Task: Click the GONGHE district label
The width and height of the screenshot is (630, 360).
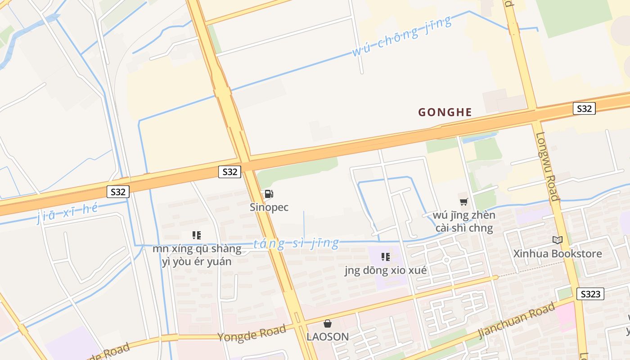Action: (x=445, y=112)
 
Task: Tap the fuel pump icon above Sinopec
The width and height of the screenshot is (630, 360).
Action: (x=269, y=194)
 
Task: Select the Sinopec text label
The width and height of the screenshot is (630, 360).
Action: (x=269, y=207)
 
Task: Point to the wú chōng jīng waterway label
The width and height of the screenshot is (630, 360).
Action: (x=401, y=36)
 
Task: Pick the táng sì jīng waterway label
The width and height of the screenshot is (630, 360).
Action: (x=296, y=243)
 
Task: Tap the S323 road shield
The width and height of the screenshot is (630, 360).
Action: (x=590, y=294)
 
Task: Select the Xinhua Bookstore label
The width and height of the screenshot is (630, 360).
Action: (x=558, y=253)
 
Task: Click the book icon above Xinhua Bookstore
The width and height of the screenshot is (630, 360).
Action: (x=558, y=240)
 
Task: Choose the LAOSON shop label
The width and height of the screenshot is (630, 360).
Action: (x=328, y=337)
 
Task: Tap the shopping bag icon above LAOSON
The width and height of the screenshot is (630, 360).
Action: (x=328, y=324)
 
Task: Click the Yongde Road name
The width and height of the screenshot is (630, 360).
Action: (x=252, y=333)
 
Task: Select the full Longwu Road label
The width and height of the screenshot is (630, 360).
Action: (x=548, y=166)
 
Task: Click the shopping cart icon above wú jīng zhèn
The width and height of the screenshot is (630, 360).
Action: (x=464, y=202)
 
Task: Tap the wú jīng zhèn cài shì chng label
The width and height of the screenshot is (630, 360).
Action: (x=464, y=221)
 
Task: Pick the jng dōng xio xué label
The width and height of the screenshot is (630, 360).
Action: (x=386, y=270)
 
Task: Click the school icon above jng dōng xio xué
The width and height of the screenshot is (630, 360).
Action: (x=386, y=257)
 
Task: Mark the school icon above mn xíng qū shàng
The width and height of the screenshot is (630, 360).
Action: (x=197, y=235)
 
